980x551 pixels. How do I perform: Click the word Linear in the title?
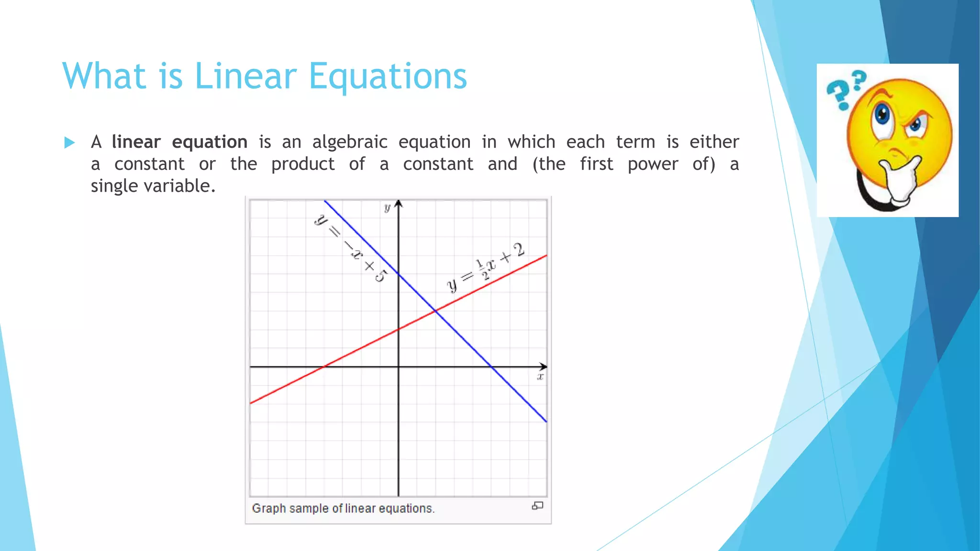click(245, 77)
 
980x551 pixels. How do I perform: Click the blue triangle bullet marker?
click(69, 143)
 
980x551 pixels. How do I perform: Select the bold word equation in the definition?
click(209, 143)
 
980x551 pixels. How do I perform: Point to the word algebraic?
click(350, 142)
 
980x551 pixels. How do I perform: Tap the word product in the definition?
click(302, 164)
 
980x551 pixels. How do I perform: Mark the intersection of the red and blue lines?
click(435, 311)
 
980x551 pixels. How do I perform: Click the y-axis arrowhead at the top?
click(399, 204)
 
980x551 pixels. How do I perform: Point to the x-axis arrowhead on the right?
click(543, 367)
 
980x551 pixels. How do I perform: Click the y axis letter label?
click(387, 208)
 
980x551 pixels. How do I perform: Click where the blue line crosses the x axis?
click(491, 367)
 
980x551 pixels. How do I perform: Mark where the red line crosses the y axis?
click(399, 329)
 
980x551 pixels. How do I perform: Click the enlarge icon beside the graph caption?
click(537, 506)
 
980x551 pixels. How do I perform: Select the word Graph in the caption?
click(268, 508)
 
